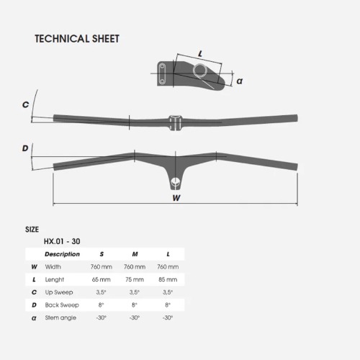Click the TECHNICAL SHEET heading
(77, 39)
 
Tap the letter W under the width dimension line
(176, 198)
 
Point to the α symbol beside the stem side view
(240, 81)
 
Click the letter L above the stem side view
(200, 54)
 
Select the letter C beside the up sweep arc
(25, 104)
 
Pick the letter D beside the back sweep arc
(25, 148)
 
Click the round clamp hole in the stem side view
(200, 71)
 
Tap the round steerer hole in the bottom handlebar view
(176, 181)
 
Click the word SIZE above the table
(32, 230)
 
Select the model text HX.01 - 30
(62, 241)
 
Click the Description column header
(62, 254)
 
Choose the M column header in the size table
(135, 254)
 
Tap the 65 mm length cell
(101, 279)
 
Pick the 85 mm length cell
(168, 279)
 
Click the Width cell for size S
(102, 267)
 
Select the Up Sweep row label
(59, 292)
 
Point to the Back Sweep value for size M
(135, 305)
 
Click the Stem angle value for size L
(168, 318)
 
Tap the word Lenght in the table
(55, 280)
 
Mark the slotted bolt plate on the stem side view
(162, 73)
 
